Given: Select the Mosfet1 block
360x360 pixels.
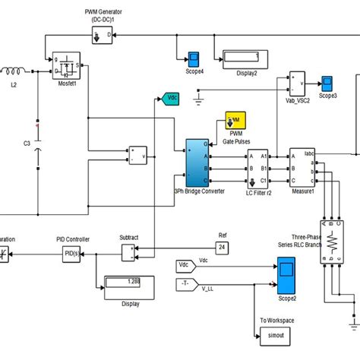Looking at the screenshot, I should tap(67, 67).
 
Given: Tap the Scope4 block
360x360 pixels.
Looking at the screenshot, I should tap(193, 58).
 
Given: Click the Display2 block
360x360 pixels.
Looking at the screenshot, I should tap(241, 58).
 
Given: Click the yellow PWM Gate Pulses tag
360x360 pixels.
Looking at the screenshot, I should tap(235, 119).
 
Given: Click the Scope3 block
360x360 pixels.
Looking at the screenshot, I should tap(327, 82).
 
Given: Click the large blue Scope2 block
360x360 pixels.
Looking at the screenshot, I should tap(286, 275).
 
